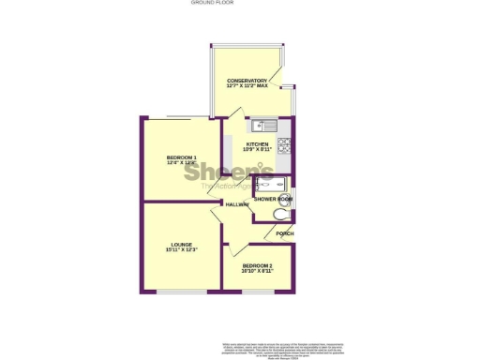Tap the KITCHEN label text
tap(257, 144)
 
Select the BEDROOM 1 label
tap(181, 157)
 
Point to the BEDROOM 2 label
tap(256, 265)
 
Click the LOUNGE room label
tap(181, 245)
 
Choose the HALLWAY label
tap(236, 204)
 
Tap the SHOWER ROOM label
tap(273, 200)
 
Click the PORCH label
tap(285, 233)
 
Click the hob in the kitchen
tap(284, 146)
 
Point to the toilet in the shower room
tap(279, 216)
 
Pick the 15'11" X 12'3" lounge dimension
tap(181, 250)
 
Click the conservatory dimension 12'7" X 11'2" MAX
tap(247, 86)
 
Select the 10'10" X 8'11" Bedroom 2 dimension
tap(256, 271)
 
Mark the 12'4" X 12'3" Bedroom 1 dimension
tap(181, 163)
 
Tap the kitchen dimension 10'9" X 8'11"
tap(257, 150)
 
